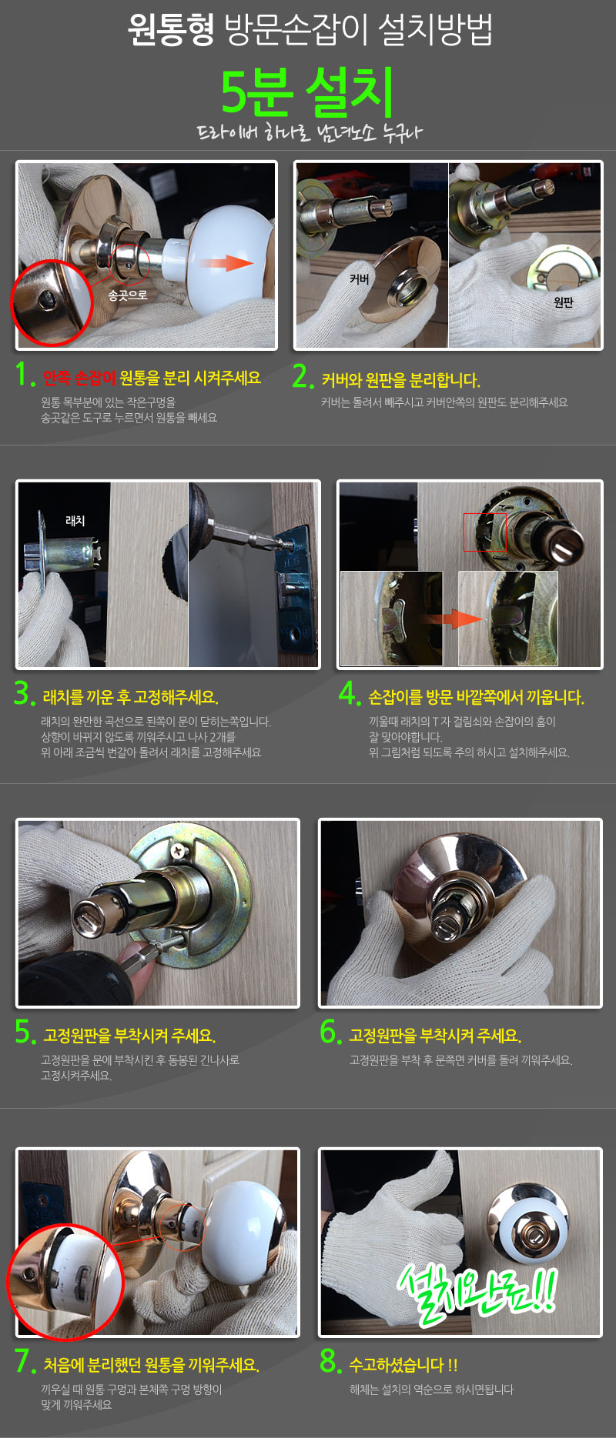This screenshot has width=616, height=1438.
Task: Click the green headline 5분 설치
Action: tap(307, 92)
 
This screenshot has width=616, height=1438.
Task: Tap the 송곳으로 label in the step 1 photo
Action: tap(128, 295)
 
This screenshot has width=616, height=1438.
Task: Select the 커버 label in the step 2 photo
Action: tap(360, 279)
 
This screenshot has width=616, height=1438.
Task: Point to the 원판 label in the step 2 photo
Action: tap(564, 302)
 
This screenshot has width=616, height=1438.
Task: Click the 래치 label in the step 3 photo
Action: tap(75, 521)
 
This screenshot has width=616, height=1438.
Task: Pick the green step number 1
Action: tap(25, 375)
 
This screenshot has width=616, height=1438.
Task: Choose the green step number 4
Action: tap(350, 693)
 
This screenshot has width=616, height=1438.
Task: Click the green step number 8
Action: tap(331, 1361)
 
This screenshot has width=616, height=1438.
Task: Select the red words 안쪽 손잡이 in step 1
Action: tap(79, 378)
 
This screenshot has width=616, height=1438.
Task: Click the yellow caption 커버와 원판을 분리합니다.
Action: tap(400, 380)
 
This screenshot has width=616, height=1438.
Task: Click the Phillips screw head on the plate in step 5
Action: tap(180, 852)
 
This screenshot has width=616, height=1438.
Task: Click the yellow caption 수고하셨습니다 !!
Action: tap(403, 1365)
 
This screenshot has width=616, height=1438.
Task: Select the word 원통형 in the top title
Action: tap(171, 30)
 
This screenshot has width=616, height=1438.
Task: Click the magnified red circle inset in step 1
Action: tap(52, 302)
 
